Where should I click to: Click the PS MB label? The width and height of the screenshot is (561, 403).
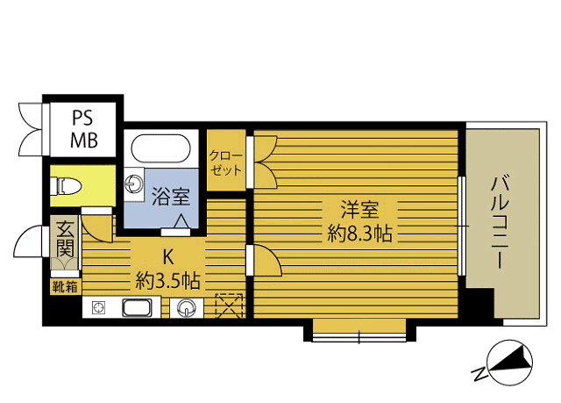click(x=84, y=129)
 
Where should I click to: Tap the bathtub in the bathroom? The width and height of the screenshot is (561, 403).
click(x=160, y=148)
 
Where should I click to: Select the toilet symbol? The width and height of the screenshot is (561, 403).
click(x=67, y=186)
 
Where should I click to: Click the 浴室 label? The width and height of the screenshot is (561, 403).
click(x=170, y=197)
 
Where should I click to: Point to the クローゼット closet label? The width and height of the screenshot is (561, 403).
click(x=226, y=163)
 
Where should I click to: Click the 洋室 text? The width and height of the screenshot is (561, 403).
click(x=359, y=210)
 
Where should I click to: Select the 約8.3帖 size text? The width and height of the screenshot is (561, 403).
click(x=359, y=234)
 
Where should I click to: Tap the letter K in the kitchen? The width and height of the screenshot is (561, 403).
click(x=168, y=256)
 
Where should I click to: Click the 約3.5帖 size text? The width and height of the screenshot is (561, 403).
click(x=167, y=280)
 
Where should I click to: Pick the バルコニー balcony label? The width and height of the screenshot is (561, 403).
click(x=501, y=221)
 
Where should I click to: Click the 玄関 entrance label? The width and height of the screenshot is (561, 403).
click(x=65, y=239)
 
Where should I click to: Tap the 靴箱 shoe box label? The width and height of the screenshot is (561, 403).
click(x=65, y=287)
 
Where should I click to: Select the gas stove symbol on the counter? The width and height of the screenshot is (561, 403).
click(x=98, y=307)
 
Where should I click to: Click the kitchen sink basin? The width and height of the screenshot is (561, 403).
click(x=137, y=307)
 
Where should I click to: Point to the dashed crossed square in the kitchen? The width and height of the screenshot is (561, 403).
click(x=230, y=306)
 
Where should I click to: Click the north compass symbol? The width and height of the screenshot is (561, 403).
click(x=510, y=363)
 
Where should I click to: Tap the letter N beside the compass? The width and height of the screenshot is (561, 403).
click(x=479, y=373)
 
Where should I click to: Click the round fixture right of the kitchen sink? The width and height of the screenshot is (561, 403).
click(x=187, y=307)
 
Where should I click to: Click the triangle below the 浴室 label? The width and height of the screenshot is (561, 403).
click(x=181, y=221)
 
